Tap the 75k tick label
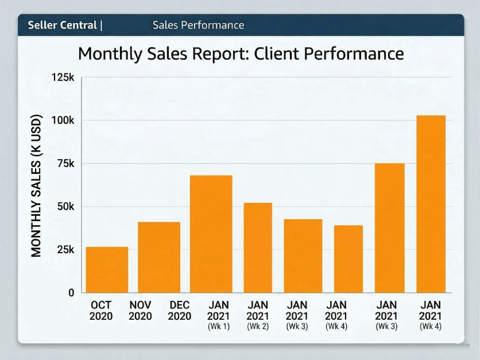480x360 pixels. point(65,164)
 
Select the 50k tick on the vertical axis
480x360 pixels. point(65,207)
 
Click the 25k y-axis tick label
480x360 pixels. point(65,250)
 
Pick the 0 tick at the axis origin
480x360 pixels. point(71,293)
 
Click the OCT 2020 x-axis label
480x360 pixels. point(101,311)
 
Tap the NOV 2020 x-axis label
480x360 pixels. point(140,311)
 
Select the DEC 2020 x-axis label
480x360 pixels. point(179,311)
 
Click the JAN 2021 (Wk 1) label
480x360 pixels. point(218,315)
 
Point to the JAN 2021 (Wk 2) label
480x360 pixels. point(258,315)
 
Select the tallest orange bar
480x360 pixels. point(431,204)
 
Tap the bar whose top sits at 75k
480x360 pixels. point(389,228)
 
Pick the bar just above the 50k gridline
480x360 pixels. point(258,247)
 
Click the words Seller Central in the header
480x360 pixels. point(63,25)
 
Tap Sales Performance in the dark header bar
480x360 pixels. point(198,25)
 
